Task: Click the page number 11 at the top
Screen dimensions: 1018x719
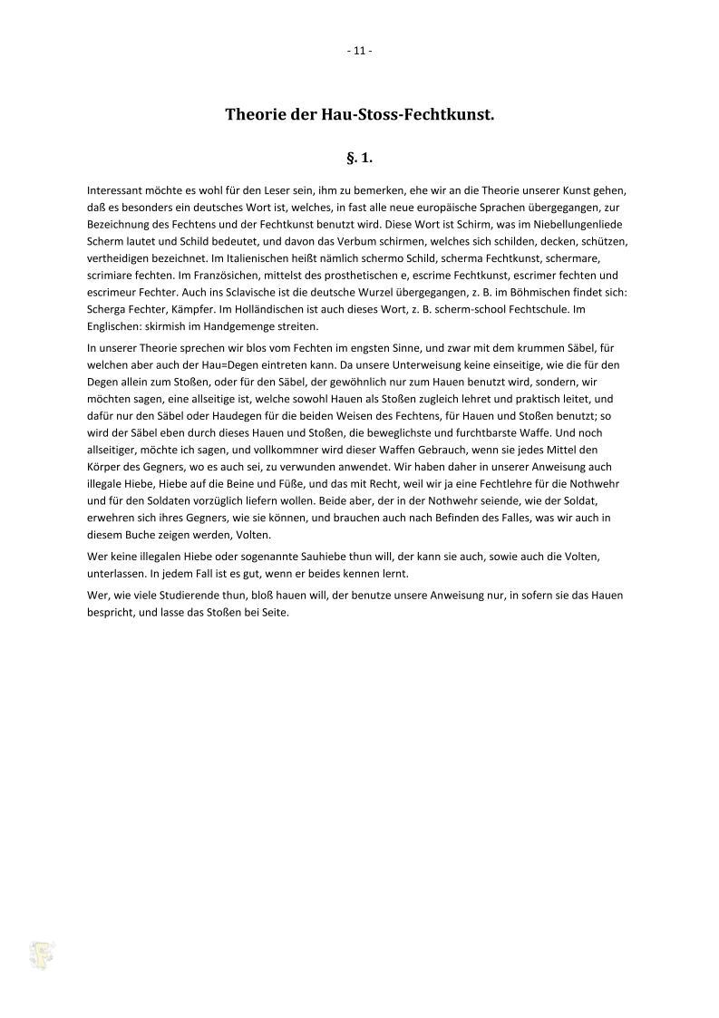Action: pos(359,51)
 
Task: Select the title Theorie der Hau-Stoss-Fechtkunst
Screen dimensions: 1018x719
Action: pos(359,115)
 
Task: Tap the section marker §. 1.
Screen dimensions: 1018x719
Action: pos(359,158)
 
